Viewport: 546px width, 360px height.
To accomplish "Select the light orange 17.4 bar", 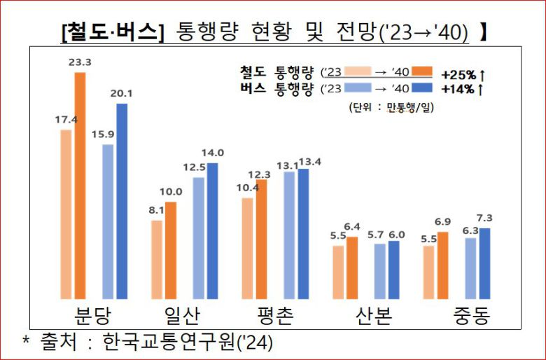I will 66,213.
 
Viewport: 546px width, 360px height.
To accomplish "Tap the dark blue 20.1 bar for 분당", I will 122,200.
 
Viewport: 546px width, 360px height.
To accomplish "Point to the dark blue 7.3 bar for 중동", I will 485,262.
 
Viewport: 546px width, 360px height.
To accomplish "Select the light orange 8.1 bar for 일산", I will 157,258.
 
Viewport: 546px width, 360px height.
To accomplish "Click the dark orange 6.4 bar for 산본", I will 352,267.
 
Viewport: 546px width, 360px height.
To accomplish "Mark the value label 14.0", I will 212,153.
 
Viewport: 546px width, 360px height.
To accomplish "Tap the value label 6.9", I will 443,222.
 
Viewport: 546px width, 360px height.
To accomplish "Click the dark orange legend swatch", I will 423,71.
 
